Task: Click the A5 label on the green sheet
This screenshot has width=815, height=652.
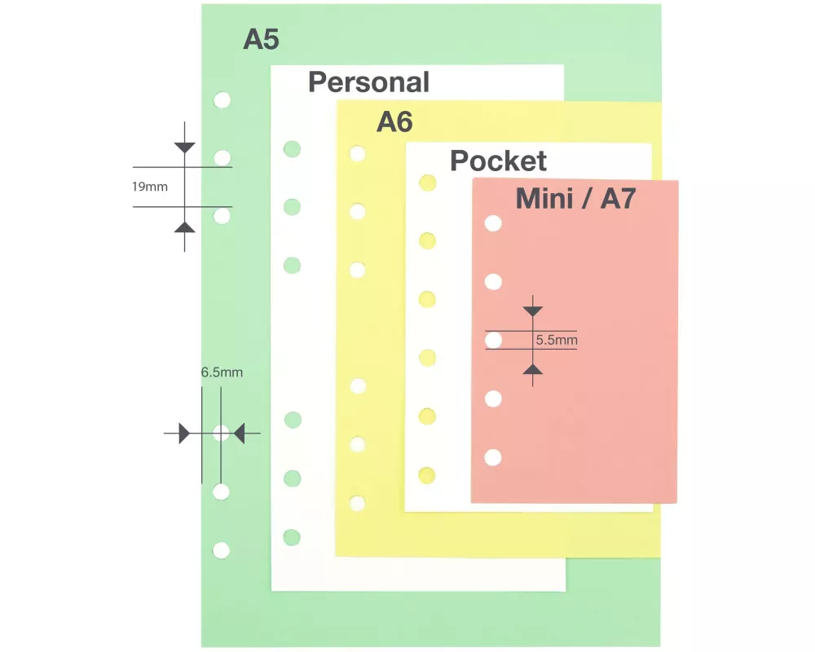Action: pyautogui.click(x=261, y=39)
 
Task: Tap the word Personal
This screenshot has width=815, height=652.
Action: pyautogui.click(x=368, y=82)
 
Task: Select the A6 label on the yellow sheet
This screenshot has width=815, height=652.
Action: pyautogui.click(x=394, y=122)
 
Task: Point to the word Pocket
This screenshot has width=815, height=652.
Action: pyautogui.click(x=498, y=161)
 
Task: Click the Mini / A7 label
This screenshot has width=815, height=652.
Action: pyautogui.click(x=575, y=199)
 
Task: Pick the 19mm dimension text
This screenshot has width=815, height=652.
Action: pyautogui.click(x=150, y=187)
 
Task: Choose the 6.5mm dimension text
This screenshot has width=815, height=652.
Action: pyautogui.click(x=222, y=373)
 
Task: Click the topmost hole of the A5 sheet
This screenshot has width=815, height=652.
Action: pyautogui.click(x=222, y=100)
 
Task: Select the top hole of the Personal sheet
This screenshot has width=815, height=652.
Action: pyautogui.click(x=292, y=149)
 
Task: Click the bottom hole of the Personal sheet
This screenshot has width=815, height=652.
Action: pyautogui.click(x=292, y=537)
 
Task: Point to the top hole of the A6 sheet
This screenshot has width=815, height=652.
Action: pyautogui.click(x=357, y=153)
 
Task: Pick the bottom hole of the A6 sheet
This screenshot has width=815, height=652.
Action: pyautogui.click(x=357, y=504)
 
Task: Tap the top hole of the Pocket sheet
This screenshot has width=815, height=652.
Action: pyautogui.click(x=427, y=183)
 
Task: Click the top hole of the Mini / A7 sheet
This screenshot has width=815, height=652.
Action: pyautogui.click(x=493, y=223)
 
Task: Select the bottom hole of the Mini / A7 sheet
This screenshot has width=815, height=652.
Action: pyautogui.click(x=493, y=457)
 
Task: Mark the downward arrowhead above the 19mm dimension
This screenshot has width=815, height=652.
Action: pyautogui.click(x=185, y=148)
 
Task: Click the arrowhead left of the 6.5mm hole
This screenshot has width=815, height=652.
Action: pyautogui.click(x=184, y=434)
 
